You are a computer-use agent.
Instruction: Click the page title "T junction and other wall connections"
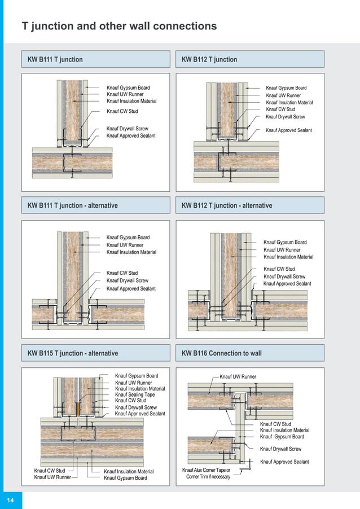(118, 26)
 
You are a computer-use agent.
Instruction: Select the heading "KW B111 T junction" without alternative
(55, 59)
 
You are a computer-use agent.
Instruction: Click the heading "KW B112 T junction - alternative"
(226, 205)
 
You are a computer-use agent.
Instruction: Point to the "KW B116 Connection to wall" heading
(221, 353)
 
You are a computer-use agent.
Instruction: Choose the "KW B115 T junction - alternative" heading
(73, 353)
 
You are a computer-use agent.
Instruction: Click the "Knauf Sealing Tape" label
(135, 394)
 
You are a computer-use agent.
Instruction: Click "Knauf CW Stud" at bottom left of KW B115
(50, 471)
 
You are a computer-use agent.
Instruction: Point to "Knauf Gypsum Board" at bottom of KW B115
(125, 478)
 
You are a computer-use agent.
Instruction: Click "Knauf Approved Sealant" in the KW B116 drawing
(284, 462)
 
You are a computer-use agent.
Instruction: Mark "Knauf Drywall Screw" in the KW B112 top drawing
(285, 117)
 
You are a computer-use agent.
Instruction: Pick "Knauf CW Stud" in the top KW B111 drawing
(122, 111)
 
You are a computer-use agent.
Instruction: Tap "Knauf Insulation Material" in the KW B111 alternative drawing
(131, 252)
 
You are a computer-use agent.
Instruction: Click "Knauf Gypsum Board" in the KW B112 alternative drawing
(285, 242)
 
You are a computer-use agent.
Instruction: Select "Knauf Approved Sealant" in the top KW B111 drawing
(131, 136)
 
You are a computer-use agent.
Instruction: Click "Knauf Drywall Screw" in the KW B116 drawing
(280, 449)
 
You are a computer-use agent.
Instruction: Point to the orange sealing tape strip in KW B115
(77, 407)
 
